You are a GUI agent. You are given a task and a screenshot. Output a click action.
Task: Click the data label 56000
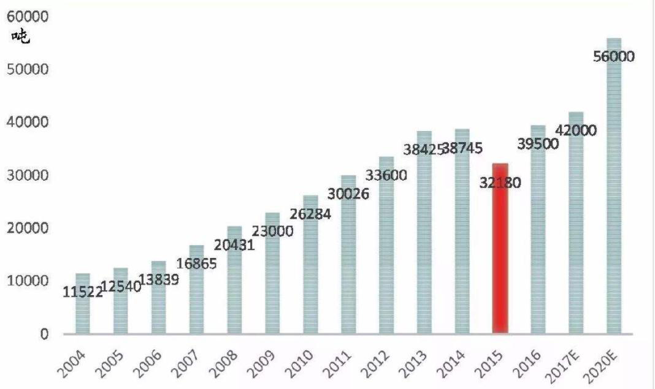tap(614, 56)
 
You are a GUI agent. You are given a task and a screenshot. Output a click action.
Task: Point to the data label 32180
tap(500, 182)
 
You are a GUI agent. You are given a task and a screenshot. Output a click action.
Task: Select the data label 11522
tap(83, 292)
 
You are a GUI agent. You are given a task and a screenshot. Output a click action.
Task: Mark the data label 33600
tap(386, 175)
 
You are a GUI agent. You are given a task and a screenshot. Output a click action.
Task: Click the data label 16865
tap(196, 263)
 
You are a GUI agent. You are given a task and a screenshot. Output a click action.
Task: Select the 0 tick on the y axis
tap(44, 334)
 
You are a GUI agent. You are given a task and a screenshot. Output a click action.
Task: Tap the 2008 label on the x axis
tap(227, 363)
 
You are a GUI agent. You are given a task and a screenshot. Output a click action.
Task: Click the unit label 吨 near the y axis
tap(21, 37)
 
